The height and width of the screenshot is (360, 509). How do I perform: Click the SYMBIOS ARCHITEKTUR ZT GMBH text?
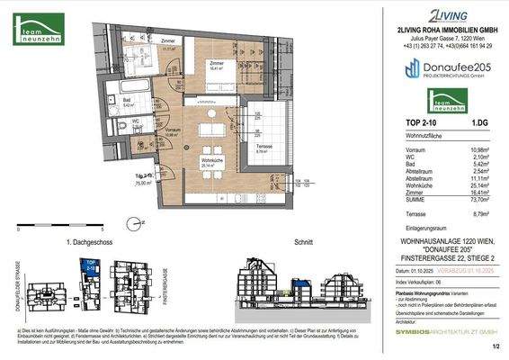440,332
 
